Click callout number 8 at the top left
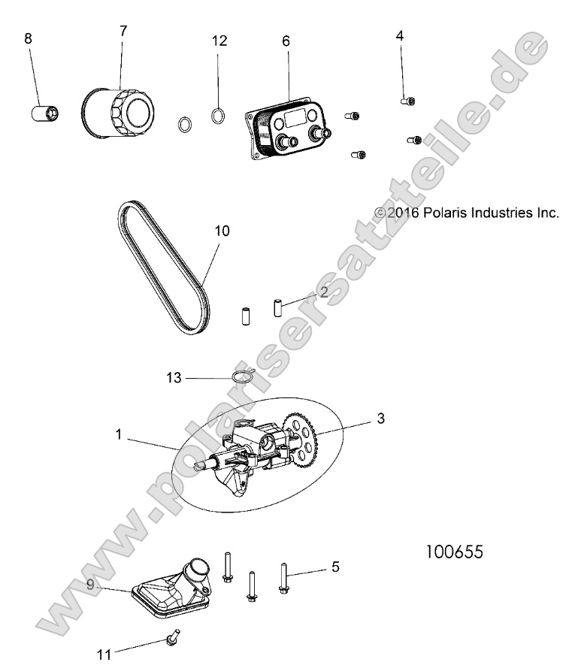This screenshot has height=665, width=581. (29, 38)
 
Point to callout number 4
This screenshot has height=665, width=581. (400, 35)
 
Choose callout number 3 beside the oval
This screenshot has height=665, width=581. (380, 418)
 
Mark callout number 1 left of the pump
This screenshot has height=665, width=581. (118, 434)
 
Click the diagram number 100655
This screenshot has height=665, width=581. (455, 552)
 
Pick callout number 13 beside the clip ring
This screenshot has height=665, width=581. (174, 378)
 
